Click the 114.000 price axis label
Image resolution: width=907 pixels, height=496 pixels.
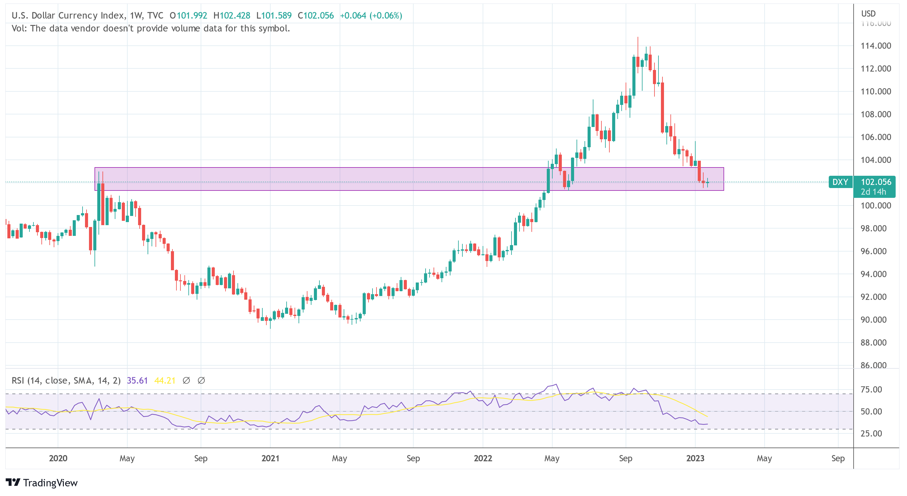(x=875, y=46)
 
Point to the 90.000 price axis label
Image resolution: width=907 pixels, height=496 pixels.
(x=873, y=320)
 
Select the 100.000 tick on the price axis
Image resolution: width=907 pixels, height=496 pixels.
(x=875, y=206)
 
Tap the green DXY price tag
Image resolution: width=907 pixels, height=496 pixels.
(x=840, y=182)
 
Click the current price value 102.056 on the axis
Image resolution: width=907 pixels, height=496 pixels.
(x=876, y=182)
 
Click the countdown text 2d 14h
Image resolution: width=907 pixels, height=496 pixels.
(x=873, y=192)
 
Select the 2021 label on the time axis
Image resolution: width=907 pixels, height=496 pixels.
(x=270, y=458)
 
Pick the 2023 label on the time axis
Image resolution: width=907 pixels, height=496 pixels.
(x=695, y=458)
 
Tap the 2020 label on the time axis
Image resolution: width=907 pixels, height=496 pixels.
(x=58, y=458)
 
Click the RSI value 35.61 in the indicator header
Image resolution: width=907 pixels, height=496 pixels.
(x=137, y=381)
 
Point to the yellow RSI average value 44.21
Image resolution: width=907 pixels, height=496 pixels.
(x=165, y=381)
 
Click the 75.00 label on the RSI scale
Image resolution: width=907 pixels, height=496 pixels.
(x=871, y=390)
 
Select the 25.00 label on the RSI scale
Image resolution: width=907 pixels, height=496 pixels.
(x=871, y=433)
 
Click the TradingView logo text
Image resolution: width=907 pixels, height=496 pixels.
(x=50, y=483)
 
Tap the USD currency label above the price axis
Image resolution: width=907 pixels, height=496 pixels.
(x=868, y=14)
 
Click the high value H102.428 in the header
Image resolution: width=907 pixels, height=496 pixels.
(x=232, y=15)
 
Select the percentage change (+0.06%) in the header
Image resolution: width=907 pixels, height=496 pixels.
(x=386, y=15)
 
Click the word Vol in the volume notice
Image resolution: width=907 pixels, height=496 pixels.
(x=19, y=29)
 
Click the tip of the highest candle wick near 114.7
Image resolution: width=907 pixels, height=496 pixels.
(x=638, y=37)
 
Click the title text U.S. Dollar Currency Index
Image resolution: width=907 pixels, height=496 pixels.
(x=68, y=15)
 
